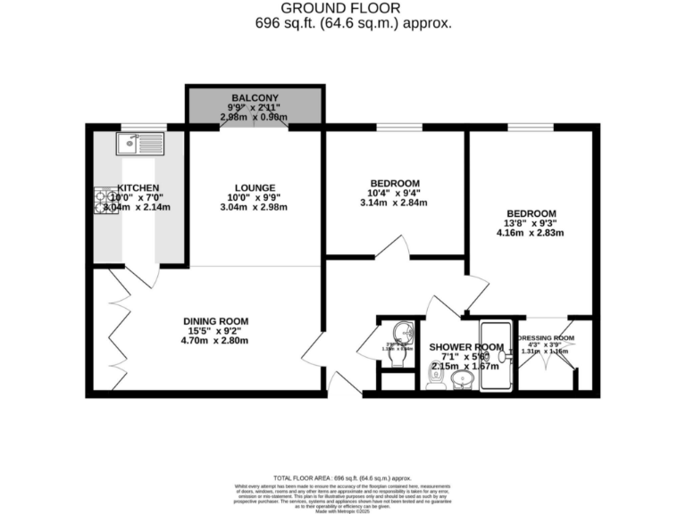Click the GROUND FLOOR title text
[x=343, y=8]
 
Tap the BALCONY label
[x=255, y=96]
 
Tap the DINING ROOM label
[x=215, y=321]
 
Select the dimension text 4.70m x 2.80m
[x=215, y=342]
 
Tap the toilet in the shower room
[x=436, y=378]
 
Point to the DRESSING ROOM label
[x=546, y=338]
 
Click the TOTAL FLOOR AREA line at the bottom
[x=343, y=478]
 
